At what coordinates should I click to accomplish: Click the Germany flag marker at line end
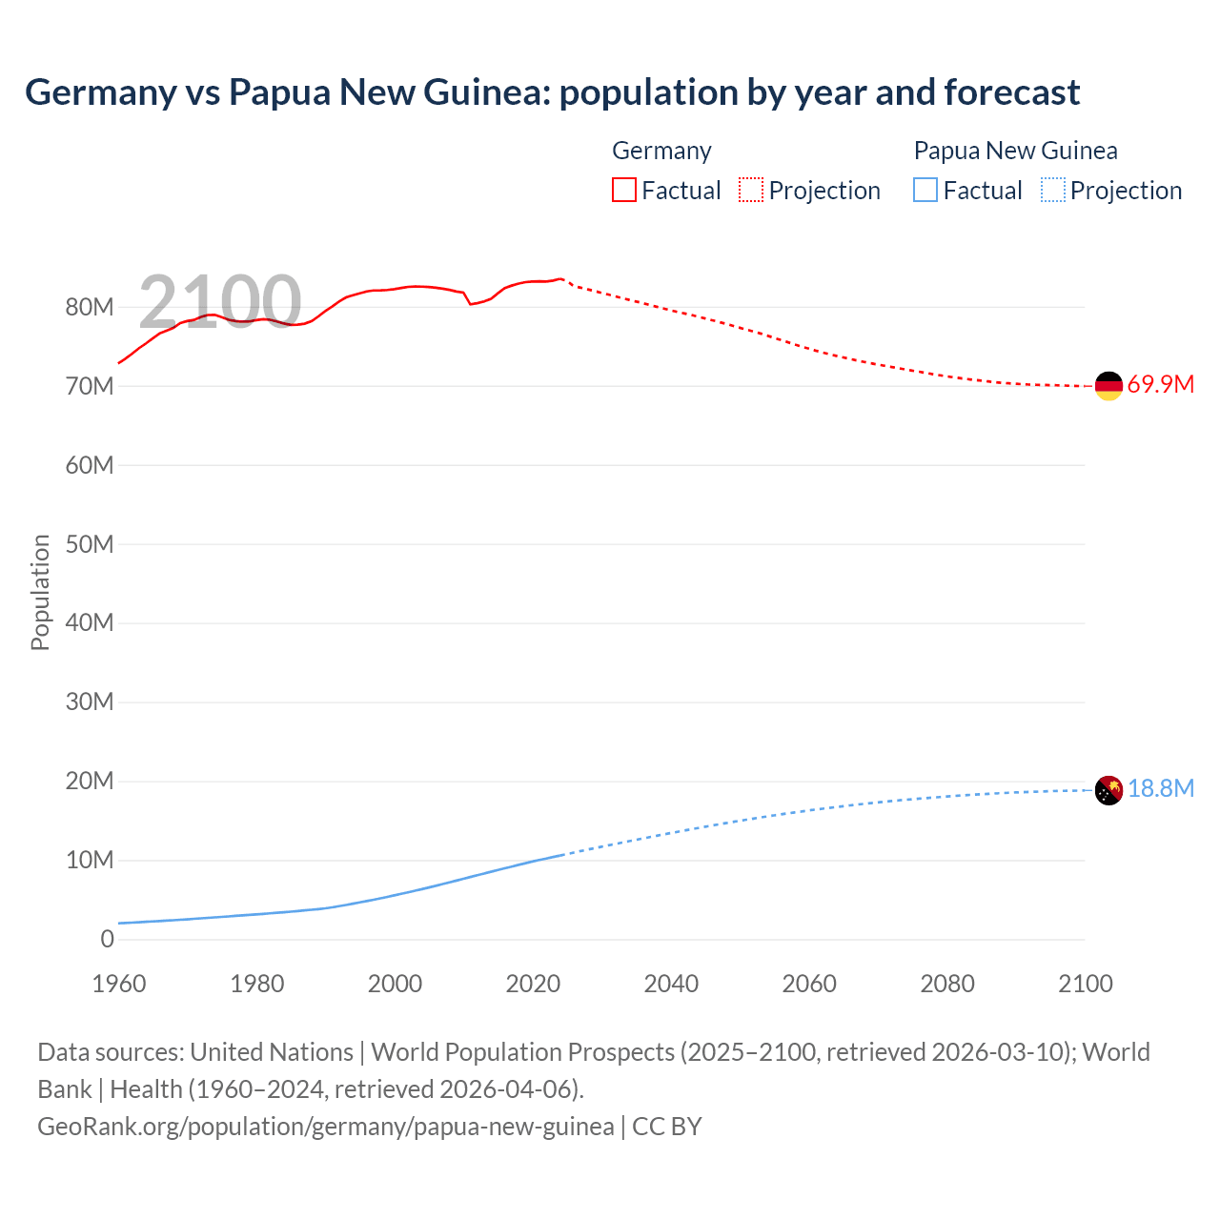(x=1108, y=386)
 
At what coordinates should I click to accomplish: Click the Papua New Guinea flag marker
(x=1108, y=790)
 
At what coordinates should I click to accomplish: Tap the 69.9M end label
(x=1160, y=385)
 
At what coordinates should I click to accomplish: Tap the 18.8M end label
(x=1160, y=789)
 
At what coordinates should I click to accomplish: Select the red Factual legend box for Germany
(x=623, y=190)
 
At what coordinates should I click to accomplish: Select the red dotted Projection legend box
(x=751, y=190)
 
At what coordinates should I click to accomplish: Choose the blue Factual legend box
(x=925, y=190)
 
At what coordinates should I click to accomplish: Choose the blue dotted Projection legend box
(x=1053, y=190)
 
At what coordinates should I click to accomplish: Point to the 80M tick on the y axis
(x=90, y=308)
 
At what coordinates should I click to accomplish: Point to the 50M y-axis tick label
(x=90, y=544)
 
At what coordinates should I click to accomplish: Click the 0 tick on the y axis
(x=107, y=939)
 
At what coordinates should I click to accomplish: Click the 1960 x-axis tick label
(x=119, y=984)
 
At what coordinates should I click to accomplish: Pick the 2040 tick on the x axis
(x=671, y=984)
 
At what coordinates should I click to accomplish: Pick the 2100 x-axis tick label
(x=1085, y=984)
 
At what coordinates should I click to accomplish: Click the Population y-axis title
(x=40, y=592)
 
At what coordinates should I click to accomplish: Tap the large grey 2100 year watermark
(x=220, y=301)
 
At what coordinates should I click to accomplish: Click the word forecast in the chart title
(x=1012, y=92)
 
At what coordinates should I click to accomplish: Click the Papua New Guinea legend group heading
(x=1015, y=151)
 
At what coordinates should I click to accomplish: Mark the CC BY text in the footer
(x=667, y=1127)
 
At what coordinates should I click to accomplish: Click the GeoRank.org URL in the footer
(x=325, y=1127)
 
